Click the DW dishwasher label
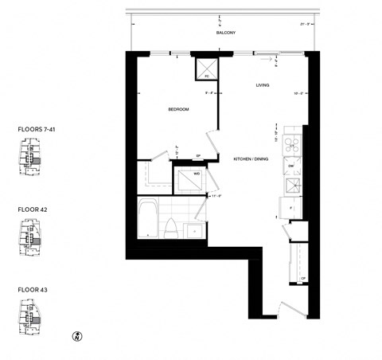292,165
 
